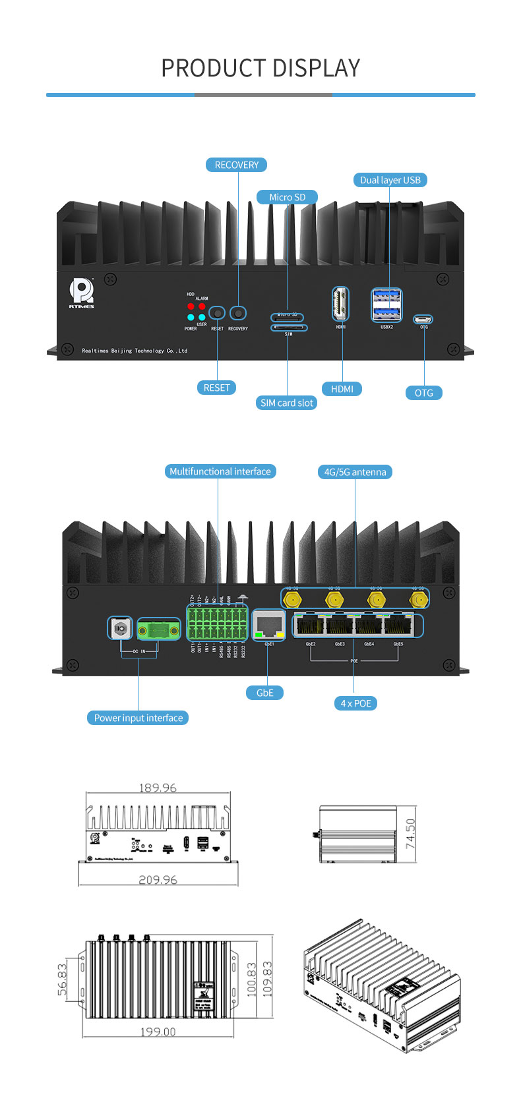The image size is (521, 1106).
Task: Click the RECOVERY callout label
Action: [x=236, y=165]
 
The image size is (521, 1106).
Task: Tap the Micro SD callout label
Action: [x=287, y=197]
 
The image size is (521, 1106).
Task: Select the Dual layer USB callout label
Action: [x=390, y=180]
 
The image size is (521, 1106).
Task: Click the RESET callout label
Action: [x=216, y=388]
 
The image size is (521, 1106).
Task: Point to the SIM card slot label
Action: [x=287, y=403]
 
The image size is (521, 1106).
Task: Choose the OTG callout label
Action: [x=423, y=393]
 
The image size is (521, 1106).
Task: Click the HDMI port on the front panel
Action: [x=340, y=305]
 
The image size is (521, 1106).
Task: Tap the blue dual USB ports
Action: [x=386, y=305]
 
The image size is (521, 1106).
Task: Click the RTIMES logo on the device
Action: [x=82, y=293]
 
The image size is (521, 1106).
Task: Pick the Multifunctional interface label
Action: [x=220, y=471]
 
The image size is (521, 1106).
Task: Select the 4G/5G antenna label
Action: [x=355, y=472]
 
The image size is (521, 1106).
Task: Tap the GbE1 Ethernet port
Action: [x=269, y=624]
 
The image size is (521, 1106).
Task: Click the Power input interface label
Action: [x=138, y=718]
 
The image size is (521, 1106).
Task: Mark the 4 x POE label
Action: [x=355, y=703]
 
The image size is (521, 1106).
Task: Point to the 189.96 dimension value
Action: [x=158, y=788]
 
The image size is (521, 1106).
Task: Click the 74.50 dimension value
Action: [x=410, y=833]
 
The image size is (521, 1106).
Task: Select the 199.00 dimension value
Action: [x=158, y=1032]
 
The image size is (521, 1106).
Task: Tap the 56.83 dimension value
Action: [x=63, y=979]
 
